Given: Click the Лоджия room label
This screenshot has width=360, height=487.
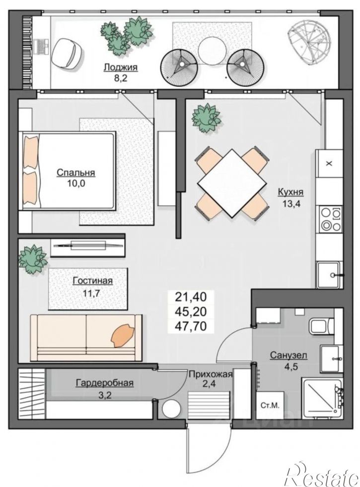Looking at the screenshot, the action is coord(120,67).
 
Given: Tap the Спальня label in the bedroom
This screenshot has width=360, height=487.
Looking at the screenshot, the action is coord(75,173).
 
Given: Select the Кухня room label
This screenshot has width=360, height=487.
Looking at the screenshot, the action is coord(290,192).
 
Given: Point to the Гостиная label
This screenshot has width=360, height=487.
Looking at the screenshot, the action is coord(92,281).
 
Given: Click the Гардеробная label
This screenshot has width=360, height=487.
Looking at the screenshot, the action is coord(104,383).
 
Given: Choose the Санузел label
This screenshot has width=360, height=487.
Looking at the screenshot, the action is coord(288,355).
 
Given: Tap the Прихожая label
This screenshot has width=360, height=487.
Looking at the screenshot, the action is coord(210,374).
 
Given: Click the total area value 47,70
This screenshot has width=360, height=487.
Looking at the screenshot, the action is coord(191,327).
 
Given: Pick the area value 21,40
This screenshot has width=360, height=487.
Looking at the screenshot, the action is coord(191,297).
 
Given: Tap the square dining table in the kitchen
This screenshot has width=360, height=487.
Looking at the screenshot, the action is coord(232,183).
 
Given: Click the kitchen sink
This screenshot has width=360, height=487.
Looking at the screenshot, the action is coord(330,275).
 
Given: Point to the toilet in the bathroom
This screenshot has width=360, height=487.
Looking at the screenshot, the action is coord(321,327).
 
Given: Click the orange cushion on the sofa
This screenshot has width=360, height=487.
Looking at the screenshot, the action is coord(123,335).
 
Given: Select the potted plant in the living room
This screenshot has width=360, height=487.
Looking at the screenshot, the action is coord(33,259).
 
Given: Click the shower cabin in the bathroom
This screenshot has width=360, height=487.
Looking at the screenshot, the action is coord(322,398).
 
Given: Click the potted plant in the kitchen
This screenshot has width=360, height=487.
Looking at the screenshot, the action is coord(207,119).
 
